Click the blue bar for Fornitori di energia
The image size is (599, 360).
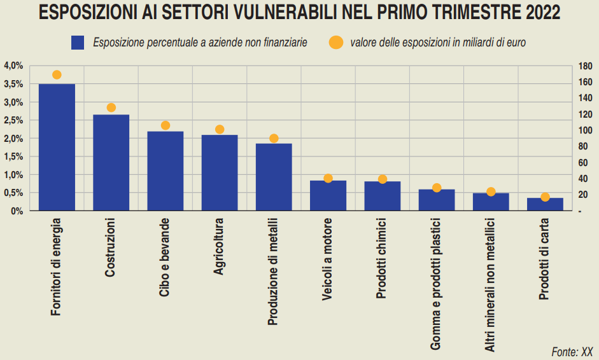[x=57, y=147]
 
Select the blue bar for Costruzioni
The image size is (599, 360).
[x=111, y=163]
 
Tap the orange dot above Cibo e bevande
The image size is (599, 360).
[x=166, y=125]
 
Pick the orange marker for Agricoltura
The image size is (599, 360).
[x=220, y=129]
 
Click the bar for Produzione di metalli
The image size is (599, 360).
[x=274, y=177]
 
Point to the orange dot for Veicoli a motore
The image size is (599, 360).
[x=328, y=178]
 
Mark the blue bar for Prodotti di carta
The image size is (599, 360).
[x=545, y=204]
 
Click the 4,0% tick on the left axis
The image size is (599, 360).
[x=13, y=66]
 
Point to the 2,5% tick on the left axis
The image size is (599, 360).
[x=13, y=120]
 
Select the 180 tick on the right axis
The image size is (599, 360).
[x=586, y=66]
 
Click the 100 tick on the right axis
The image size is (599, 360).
[x=586, y=130]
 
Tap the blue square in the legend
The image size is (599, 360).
[x=78, y=43]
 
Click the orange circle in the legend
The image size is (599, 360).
[x=335, y=43]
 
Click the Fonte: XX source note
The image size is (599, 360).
[x=572, y=351]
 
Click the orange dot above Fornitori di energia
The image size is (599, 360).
[x=57, y=75]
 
